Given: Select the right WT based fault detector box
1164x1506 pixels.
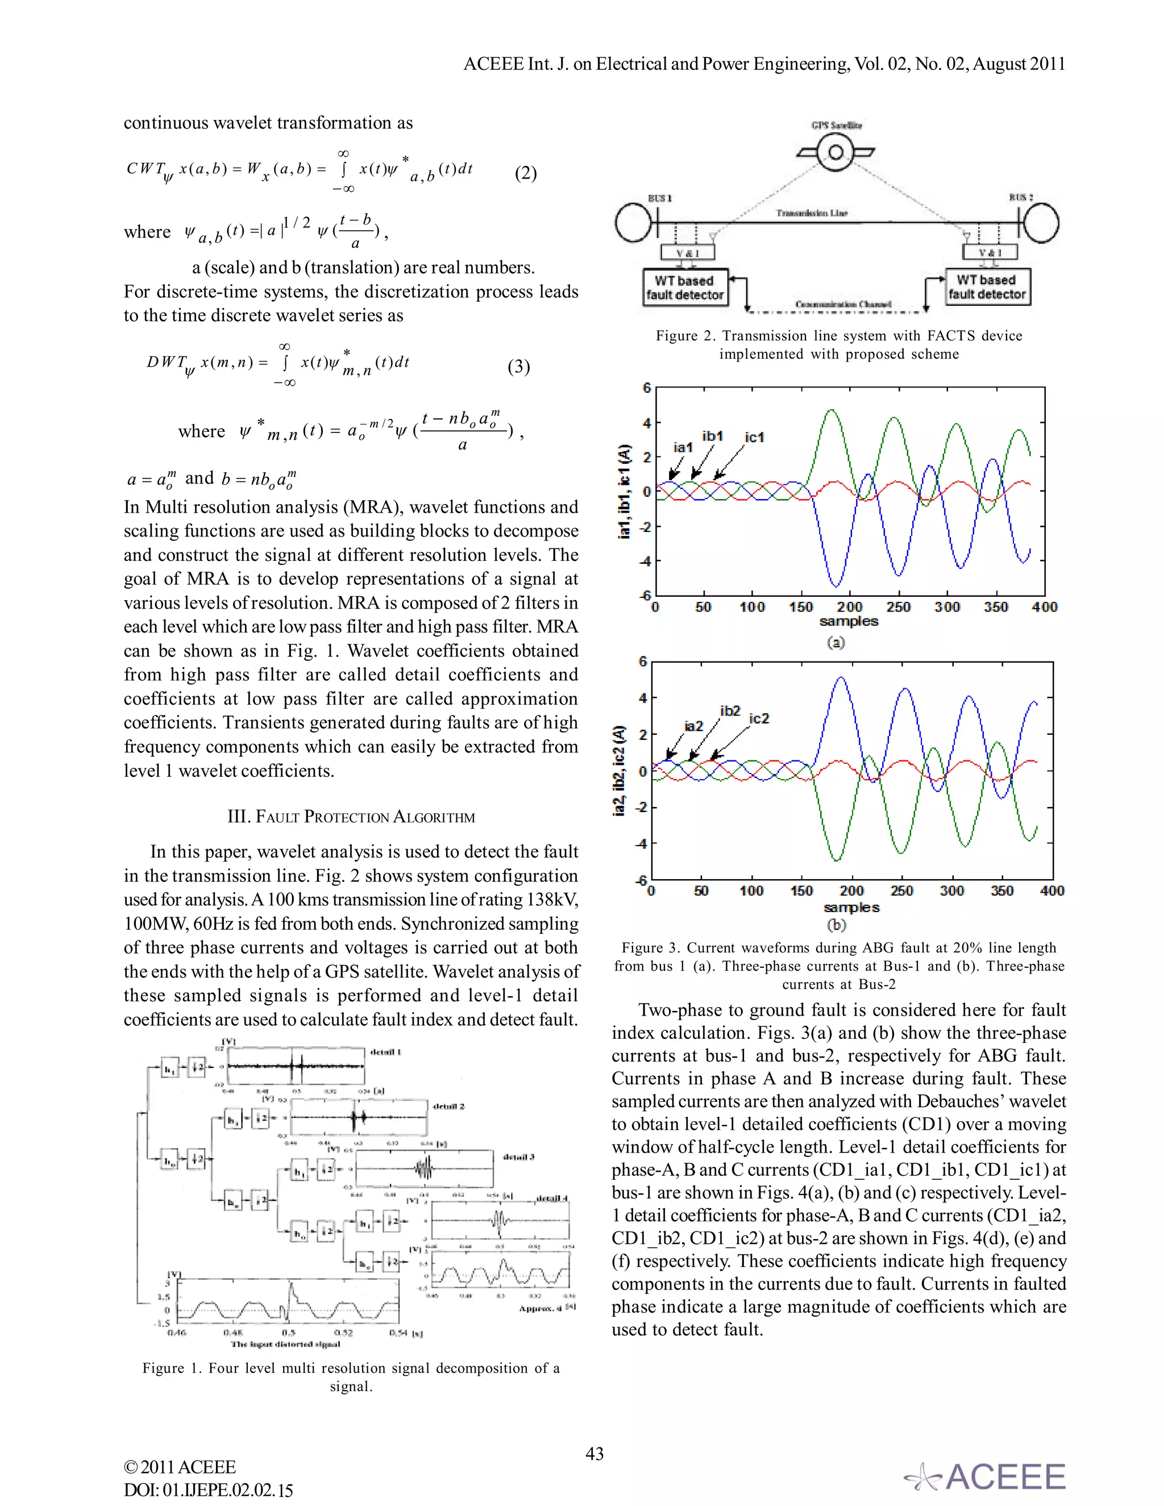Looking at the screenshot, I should (x=987, y=287).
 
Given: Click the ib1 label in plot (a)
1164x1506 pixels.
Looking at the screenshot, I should (x=712, y=436).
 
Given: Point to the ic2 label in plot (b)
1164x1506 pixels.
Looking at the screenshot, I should (x=759, y=718).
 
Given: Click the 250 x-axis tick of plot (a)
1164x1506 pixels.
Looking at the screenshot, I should (x=898, y=608).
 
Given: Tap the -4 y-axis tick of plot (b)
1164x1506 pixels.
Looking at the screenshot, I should (x=643, y=843).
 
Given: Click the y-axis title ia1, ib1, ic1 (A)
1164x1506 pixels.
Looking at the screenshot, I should (x=624, y=491).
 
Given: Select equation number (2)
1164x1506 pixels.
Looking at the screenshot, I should (x=526, y=172).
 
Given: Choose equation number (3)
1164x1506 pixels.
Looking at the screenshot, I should (x=518, y=366).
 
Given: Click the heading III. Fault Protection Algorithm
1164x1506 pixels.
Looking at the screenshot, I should (x=351, y=817).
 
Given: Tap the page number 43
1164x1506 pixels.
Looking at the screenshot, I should (x=594, y=1454).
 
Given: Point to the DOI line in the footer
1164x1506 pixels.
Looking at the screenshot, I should (x=208, y=1490).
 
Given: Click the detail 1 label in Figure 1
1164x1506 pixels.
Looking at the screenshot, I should (x=385, y=1052).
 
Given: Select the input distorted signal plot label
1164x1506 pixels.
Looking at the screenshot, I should (x=285, y=1343).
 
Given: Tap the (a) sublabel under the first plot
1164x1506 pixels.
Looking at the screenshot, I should (x=835, y=642).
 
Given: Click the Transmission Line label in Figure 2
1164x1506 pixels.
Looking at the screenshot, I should (x=811, y=213).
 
